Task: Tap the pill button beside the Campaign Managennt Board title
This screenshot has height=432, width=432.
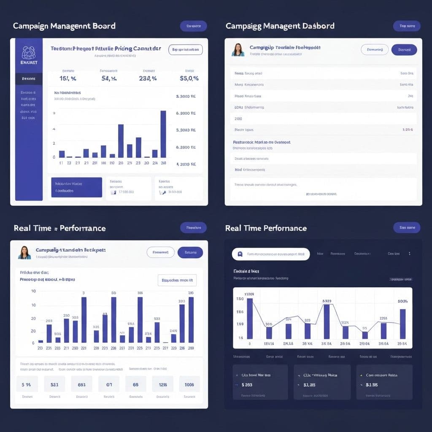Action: [x=194, y=26]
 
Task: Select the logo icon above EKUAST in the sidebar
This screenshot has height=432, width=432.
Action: [x=29, y=52]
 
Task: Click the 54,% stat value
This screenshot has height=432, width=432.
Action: [x=109, y=78]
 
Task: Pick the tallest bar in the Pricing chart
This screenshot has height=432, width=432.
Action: [x=163, y=134]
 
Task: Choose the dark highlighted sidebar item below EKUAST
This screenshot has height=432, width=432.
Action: [x=29, y=78]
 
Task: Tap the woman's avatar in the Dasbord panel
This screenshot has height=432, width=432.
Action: [x=238, y=49]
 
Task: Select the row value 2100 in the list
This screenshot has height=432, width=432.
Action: [x=238, y=119]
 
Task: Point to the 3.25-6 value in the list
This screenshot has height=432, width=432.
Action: [x=408, y=130]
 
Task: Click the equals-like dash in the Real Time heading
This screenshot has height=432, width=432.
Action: [x=55, y=229]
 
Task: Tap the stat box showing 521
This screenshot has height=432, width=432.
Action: [x=54, y=384]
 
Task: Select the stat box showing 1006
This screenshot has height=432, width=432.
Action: [x=189, y=384]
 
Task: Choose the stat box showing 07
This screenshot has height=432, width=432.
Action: [x=109, y=384]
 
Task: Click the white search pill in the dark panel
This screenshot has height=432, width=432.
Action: [x=271, y=254]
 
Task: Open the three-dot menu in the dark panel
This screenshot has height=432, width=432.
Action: [x=409, y=254]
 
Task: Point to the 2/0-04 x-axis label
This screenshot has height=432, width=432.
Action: [x=364, y=344]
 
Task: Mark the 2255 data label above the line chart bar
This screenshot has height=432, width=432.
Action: [x=383, y=319]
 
